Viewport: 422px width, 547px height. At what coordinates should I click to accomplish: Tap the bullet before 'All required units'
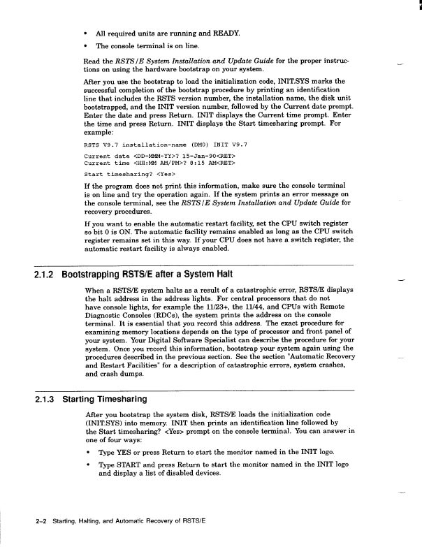pyautogui.click(x=85, y=34)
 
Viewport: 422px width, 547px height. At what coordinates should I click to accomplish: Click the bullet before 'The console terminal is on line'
pyautogui.click(x=85, y=46)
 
